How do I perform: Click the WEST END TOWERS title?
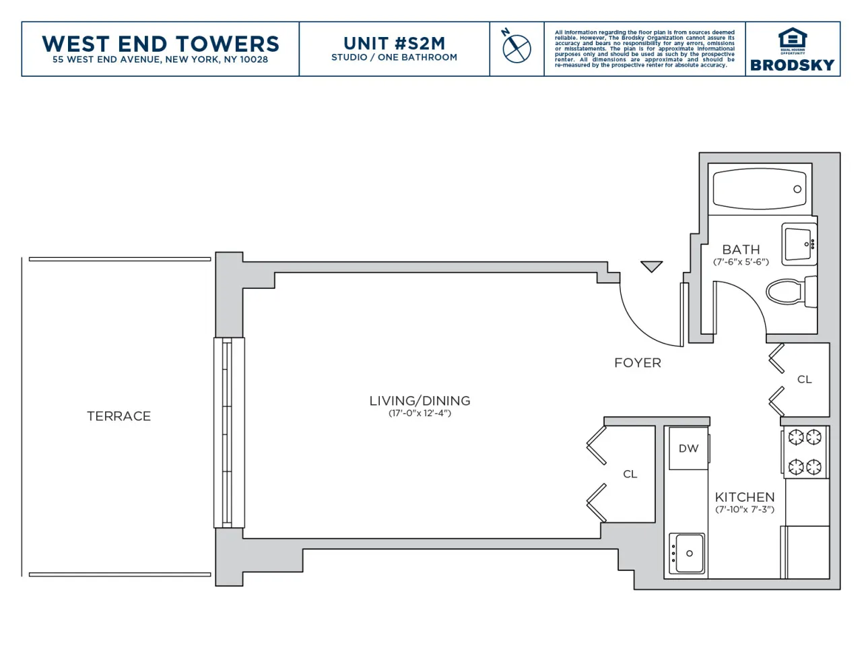tap(160, 44)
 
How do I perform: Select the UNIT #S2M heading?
tap(394, 44)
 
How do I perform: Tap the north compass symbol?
tap(517, 48)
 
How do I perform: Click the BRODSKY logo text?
tap(792, 65)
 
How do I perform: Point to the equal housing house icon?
tap(792, 38)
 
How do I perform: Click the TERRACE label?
tap(119, 416)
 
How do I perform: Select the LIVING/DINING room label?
tap(420, 401)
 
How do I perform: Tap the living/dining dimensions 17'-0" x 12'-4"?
tap(420, 413)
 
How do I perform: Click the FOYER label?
tap(637, 363)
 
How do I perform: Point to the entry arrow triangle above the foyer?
tap(651, 266)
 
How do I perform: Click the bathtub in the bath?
tap(760, 189)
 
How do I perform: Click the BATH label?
tap(741, 250)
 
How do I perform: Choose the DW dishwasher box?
tap(688, 448)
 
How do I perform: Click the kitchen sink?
tap(687, 554)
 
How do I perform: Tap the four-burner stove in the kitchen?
tap(805, 452)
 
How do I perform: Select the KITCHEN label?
tap(744, 497)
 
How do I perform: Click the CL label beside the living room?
tap(630, 474)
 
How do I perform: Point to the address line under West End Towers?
tap(160, 60)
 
